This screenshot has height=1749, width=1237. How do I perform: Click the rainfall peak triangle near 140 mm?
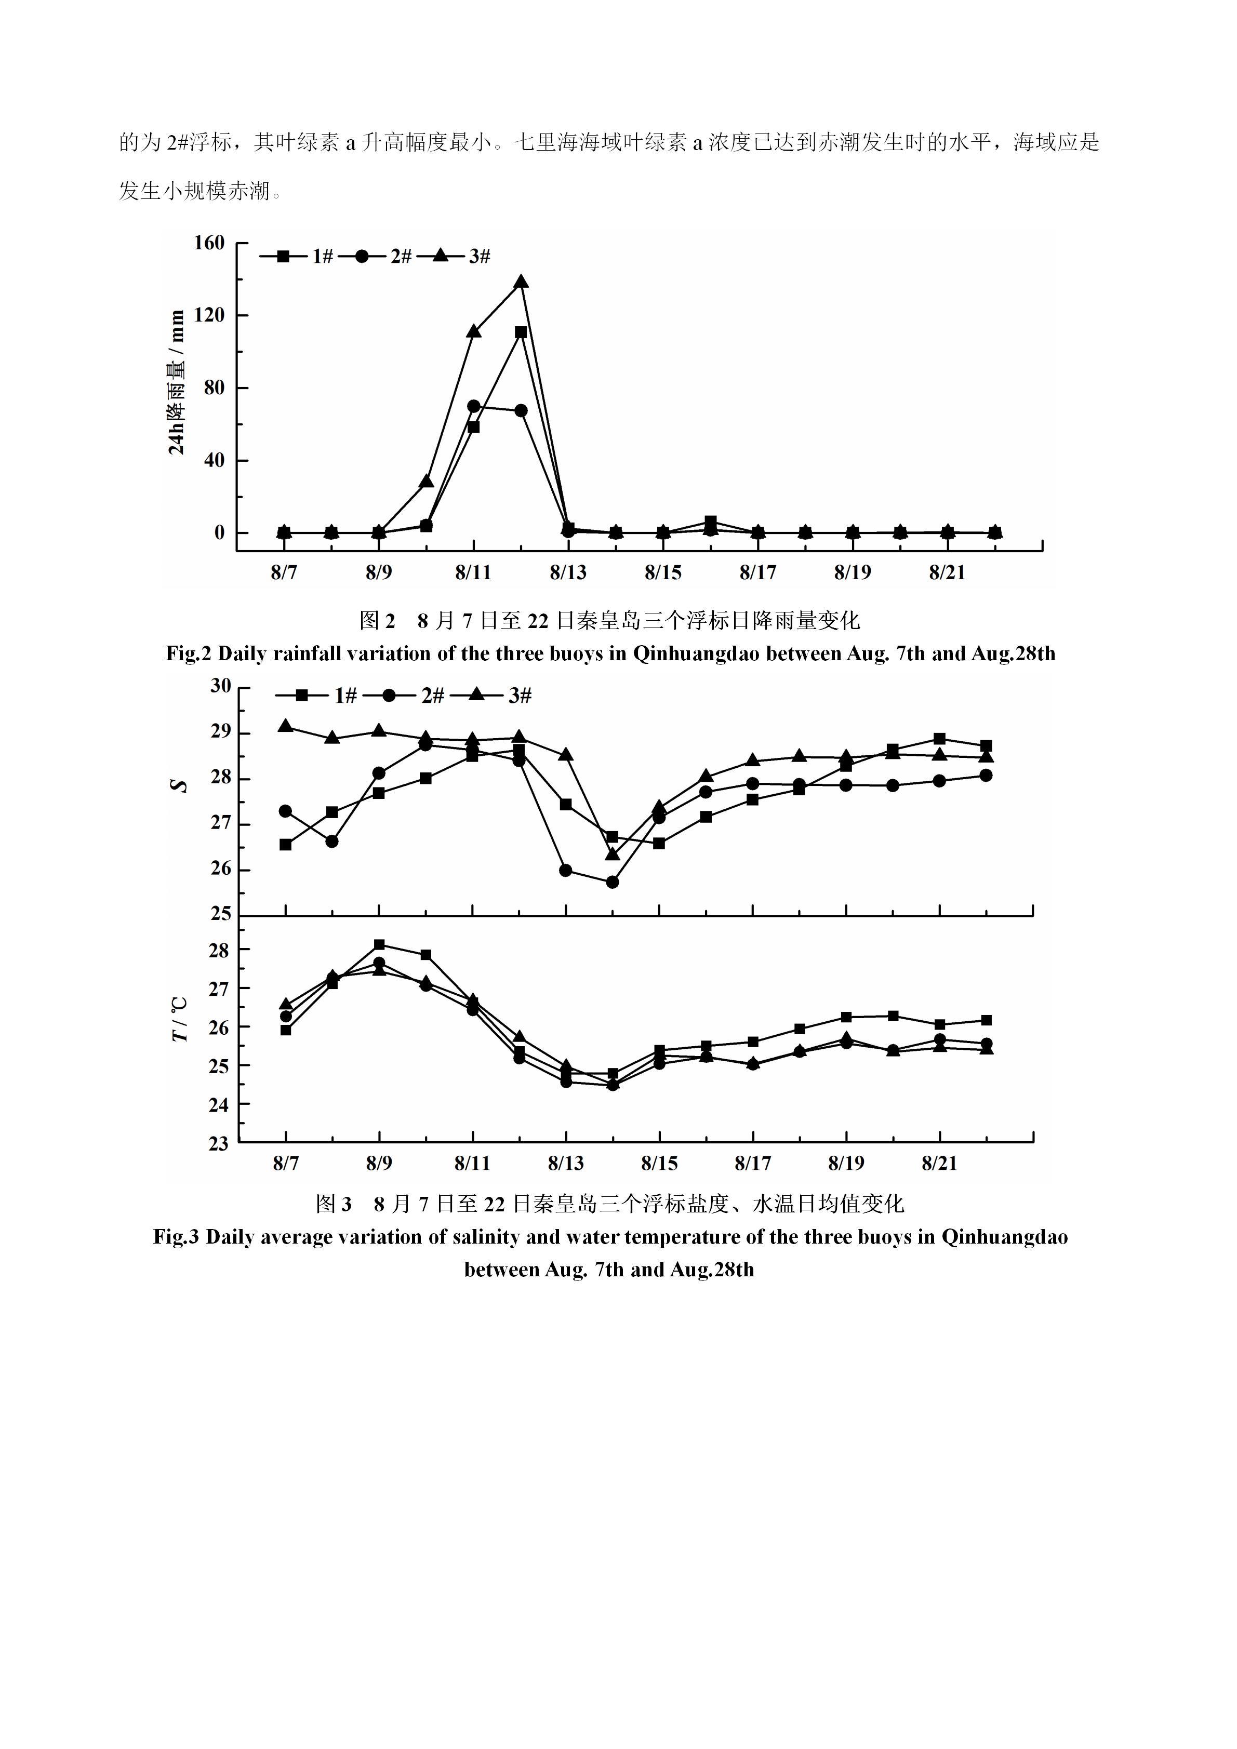point(521,282)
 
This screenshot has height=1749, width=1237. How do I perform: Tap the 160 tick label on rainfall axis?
point(209,243)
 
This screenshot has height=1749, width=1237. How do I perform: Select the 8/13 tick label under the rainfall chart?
point(568,573)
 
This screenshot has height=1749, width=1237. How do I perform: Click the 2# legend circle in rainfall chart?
point(361,257)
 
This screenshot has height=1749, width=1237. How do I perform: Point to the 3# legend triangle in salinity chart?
point(477,695)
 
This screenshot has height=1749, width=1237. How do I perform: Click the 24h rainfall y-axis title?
point(177,382)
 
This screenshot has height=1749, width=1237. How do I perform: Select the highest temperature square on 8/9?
point(379,944)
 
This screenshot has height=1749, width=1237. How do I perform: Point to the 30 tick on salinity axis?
point(221,686)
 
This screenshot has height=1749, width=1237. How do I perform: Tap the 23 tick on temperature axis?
point(219,1143)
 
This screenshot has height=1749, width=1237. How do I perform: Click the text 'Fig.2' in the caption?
point(189,653)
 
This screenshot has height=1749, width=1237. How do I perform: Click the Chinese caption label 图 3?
point(334,1204)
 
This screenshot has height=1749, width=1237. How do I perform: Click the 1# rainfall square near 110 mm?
point(521,332)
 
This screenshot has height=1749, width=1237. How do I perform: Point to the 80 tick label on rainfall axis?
point(215,388)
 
